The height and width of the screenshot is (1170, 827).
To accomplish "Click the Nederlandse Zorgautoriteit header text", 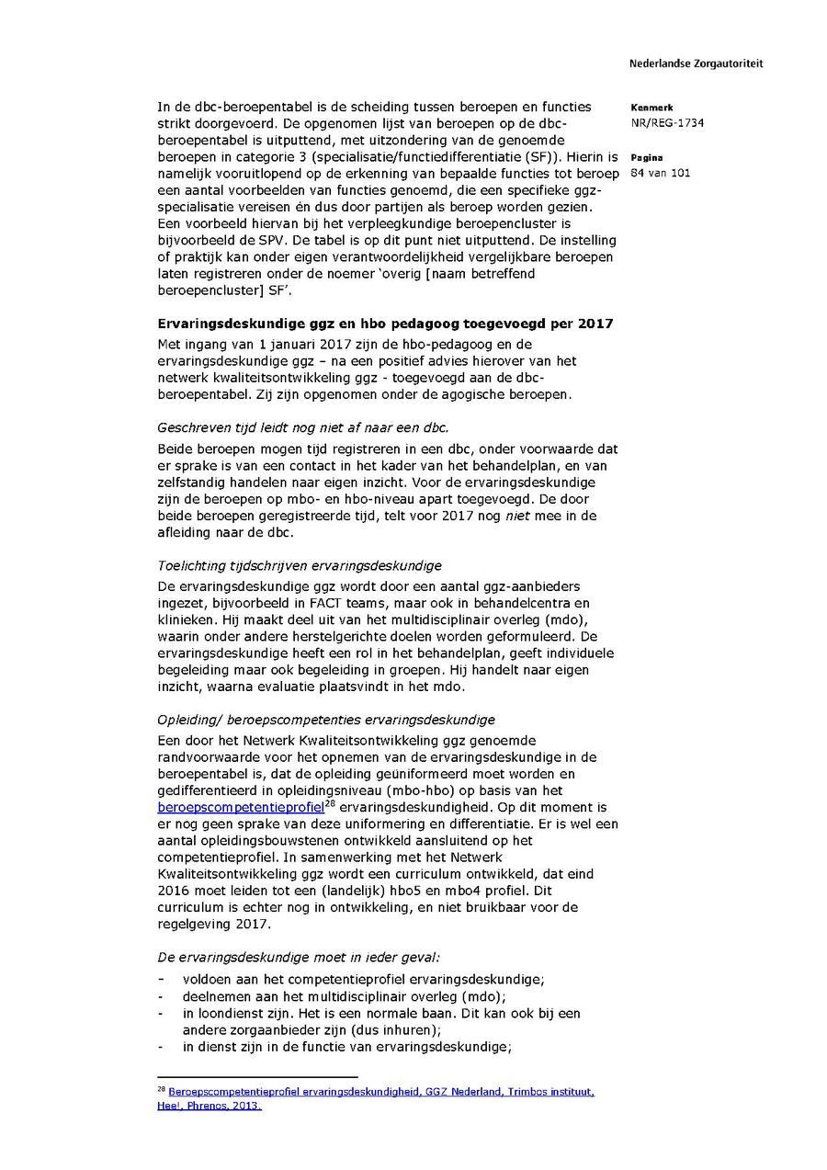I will tap(696, 63).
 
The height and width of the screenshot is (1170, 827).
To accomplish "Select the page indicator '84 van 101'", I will tap(661, 173).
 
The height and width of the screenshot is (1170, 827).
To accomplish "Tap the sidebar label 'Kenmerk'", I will tap(651, 108).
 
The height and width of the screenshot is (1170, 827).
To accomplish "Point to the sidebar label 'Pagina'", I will tap(647, 158).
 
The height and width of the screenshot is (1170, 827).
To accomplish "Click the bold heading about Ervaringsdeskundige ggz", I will tap(385, 324).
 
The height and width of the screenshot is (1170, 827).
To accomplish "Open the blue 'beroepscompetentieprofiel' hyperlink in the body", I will tap(241, 807).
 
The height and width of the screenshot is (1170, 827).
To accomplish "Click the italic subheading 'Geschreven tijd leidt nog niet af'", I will tap(303, 427).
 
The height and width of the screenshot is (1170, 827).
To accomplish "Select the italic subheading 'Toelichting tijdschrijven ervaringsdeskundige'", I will tap(300, 565).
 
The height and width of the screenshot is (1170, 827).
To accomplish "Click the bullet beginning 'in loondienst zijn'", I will tap(380, 1013).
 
